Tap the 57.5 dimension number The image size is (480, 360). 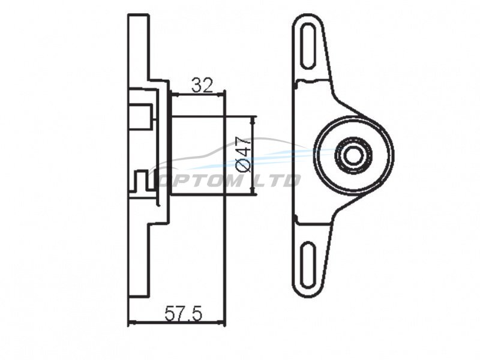click(x=184, y=313)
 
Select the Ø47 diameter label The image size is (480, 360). click(x=244, y=154)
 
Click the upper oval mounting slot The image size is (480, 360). click(x=309, y=47)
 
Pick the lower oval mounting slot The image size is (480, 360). click(x=308, y=265)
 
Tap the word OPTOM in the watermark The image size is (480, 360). click(x=199, y=181)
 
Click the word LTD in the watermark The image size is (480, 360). click(x=277, y=181)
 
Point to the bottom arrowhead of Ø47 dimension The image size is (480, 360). click(x=253, y=191)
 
